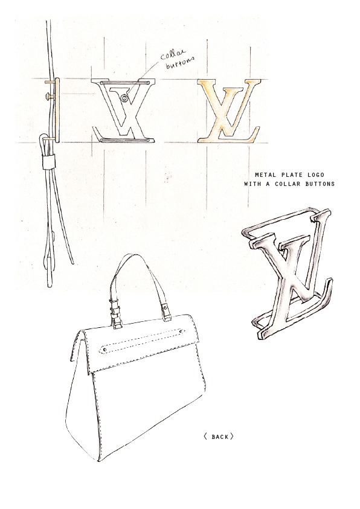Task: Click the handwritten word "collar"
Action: coord(172,54)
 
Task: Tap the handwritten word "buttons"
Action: coord(181,63)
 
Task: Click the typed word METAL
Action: coord(265,175)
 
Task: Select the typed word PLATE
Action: coord(290,175)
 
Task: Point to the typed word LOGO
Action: coord(315,175)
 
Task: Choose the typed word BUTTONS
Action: coord(320,184)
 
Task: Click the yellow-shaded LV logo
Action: coord(230,111)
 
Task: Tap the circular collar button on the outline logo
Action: coord(123,98)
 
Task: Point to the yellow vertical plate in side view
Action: coord(57,110)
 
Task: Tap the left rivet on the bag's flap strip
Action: coord(104,350)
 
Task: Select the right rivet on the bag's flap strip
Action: coord(181,331)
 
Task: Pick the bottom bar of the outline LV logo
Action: coord(125,140)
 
